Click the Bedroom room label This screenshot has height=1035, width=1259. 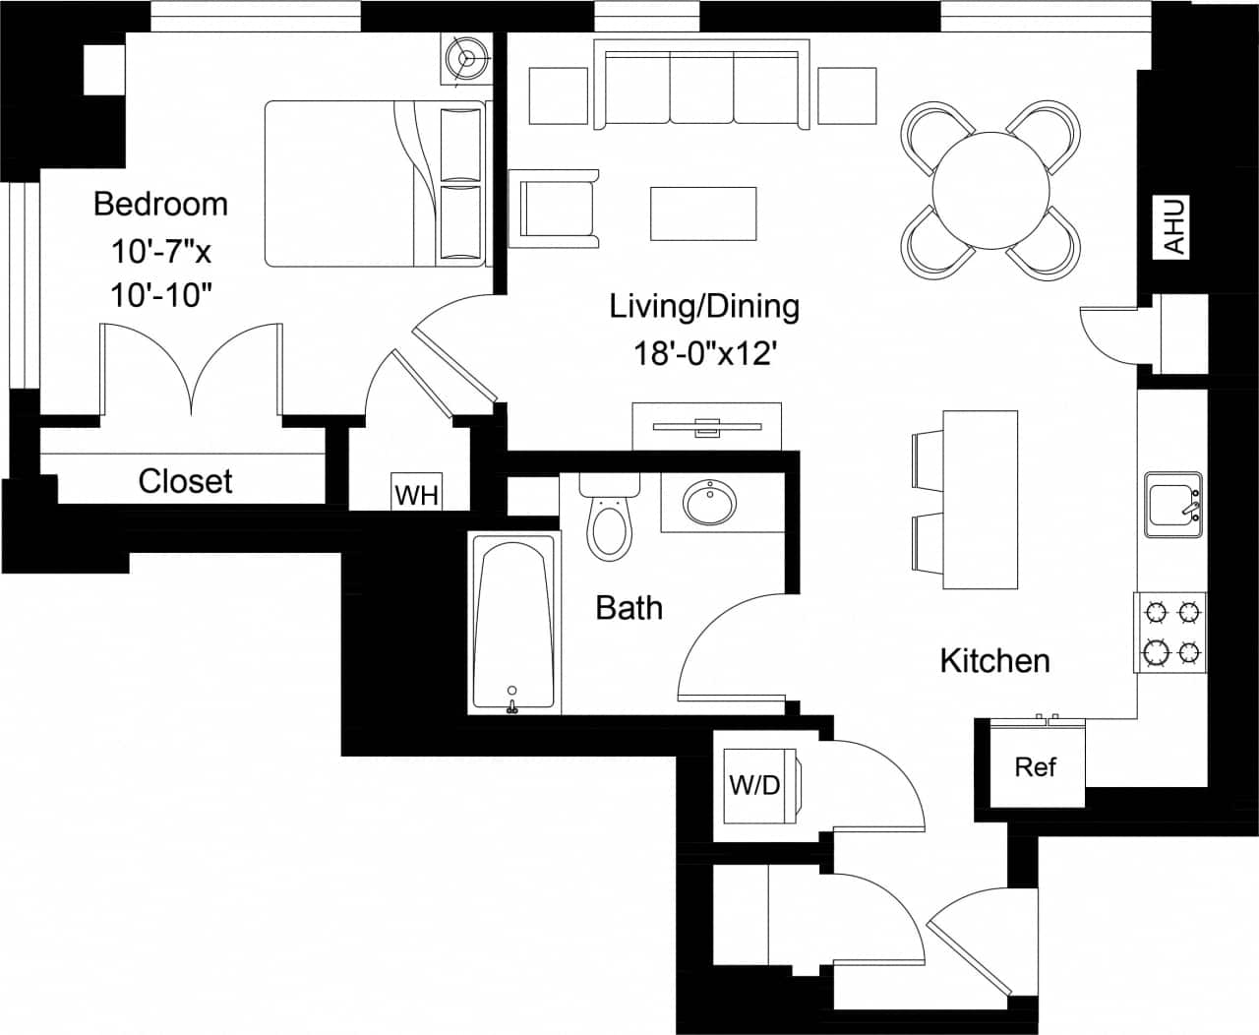160,204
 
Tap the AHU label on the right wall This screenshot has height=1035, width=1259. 1174,226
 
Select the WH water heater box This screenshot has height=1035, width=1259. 416,494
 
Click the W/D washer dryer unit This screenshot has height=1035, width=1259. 755,785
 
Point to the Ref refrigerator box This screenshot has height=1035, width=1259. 1036,766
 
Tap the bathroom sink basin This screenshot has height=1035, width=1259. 708,503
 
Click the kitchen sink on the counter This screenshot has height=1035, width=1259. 1172,505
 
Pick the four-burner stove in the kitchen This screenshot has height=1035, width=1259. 1171,632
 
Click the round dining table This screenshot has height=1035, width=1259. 990,189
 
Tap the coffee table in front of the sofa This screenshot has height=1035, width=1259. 703,213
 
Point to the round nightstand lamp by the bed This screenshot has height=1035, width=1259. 466,58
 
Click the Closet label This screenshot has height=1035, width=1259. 185,481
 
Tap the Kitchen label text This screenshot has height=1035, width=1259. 994,660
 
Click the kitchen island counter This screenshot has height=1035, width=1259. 980,500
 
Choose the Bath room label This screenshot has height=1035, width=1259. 629,608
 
